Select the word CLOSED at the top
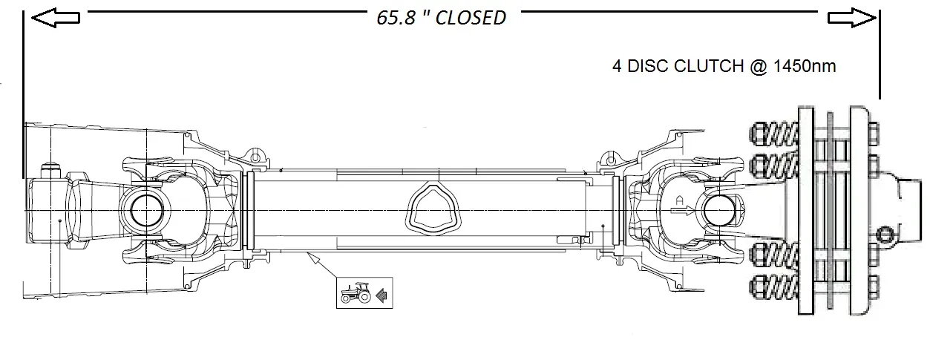[470, 18]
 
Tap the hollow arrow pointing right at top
[853, 18]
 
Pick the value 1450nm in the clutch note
[805, 66]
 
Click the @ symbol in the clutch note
[759, 66]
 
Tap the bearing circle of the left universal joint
[143, 211]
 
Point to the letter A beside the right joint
[678, 199]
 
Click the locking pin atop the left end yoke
[50, 171]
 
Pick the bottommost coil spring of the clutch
[774, 285]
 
